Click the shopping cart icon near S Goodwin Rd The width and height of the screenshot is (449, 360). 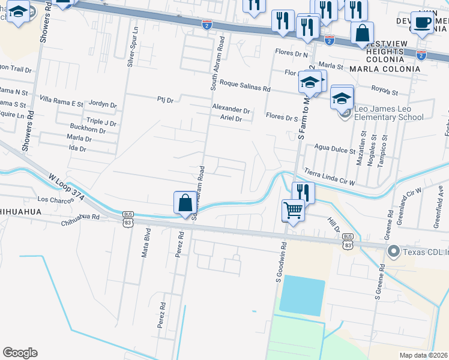tap(293, 211)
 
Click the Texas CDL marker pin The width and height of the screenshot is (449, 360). tap(394, 251)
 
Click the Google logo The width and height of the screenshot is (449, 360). tap(20, 352)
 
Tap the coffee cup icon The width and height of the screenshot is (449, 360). tap(423, 23)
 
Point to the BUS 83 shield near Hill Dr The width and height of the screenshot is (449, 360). tap(348, 245)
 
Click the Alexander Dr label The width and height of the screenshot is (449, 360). tap(231, 110)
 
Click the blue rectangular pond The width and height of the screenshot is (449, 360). tap(302, 295)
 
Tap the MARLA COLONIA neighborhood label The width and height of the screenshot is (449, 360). tap(393, 69)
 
